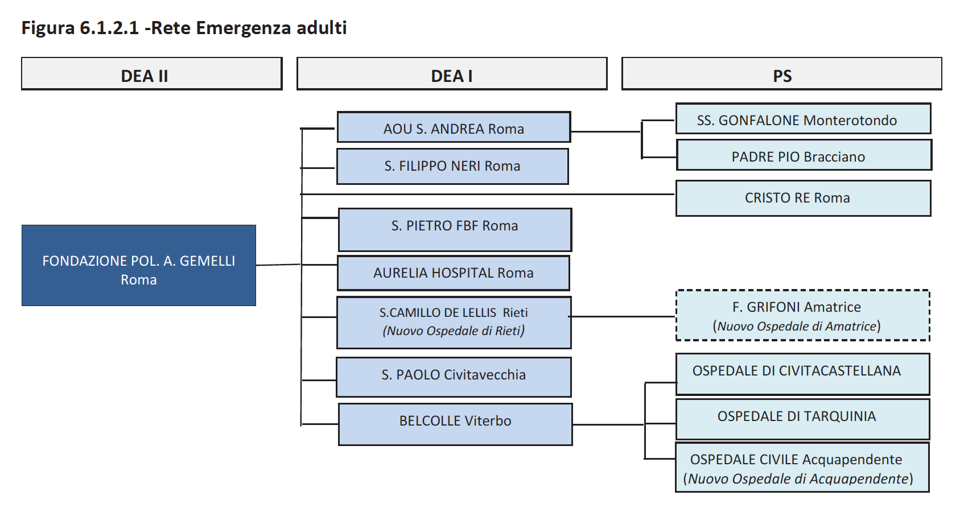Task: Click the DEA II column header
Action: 151,74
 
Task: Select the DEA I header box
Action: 451,74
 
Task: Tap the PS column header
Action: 781,74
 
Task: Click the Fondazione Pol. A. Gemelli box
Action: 139,266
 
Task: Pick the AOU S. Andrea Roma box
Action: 454,127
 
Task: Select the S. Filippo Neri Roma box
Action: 452,166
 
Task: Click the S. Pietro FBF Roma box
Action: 455,230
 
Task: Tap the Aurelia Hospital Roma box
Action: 454,273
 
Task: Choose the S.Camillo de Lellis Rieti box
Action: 454,322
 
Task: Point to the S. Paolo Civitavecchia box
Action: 454,377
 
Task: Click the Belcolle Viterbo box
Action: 455,424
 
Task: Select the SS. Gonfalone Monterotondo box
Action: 803,119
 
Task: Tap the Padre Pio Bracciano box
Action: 804,155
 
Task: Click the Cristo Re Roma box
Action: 803,198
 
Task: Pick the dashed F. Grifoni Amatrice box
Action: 802,316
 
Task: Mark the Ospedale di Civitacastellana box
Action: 802,374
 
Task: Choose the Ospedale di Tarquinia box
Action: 802,419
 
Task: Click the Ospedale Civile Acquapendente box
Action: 802,468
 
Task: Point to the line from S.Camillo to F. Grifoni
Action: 623,316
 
